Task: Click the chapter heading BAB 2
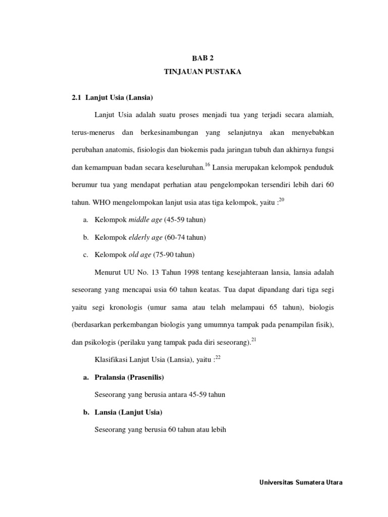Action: tap(203, 58)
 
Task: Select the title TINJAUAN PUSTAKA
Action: tap(203, 72)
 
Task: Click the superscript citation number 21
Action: tap(254, 340)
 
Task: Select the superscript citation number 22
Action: tap(218, 357)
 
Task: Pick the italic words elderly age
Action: tap(145, 237)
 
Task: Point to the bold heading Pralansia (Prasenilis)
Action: tap(130, 377)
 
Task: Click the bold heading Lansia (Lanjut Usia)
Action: tap(128, 412)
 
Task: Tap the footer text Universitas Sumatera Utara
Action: tap(301, 482)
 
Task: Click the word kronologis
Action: tap(127, 307)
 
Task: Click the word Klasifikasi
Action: tap(111, 359)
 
